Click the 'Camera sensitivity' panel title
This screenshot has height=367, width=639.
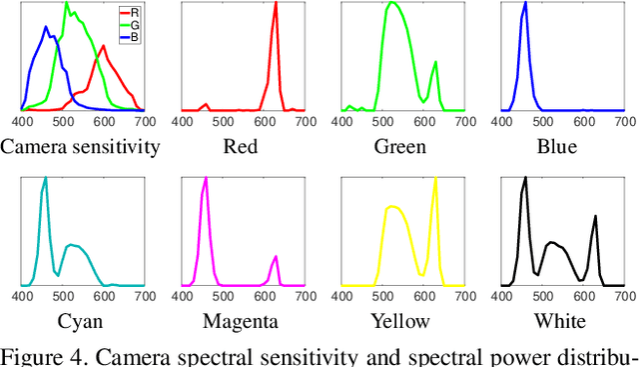click(80, 147)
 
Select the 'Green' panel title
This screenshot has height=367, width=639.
click(399, 147)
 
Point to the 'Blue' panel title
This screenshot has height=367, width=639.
click(559, 147)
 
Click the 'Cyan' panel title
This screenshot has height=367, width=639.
click(81, 321)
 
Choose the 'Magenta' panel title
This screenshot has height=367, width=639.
click(241, 321)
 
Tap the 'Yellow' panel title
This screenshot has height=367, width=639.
click(399, 321)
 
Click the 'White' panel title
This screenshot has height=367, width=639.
click(560, 321)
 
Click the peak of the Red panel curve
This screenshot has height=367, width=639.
click(276, 3)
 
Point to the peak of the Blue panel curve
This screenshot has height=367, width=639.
click(525, 3)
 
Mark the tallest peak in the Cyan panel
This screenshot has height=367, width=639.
click(45, 179)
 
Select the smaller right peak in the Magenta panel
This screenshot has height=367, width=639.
click(276, 258)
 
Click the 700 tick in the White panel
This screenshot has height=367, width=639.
click(625, 296)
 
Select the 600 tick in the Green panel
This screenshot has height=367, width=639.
click(423, 121)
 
